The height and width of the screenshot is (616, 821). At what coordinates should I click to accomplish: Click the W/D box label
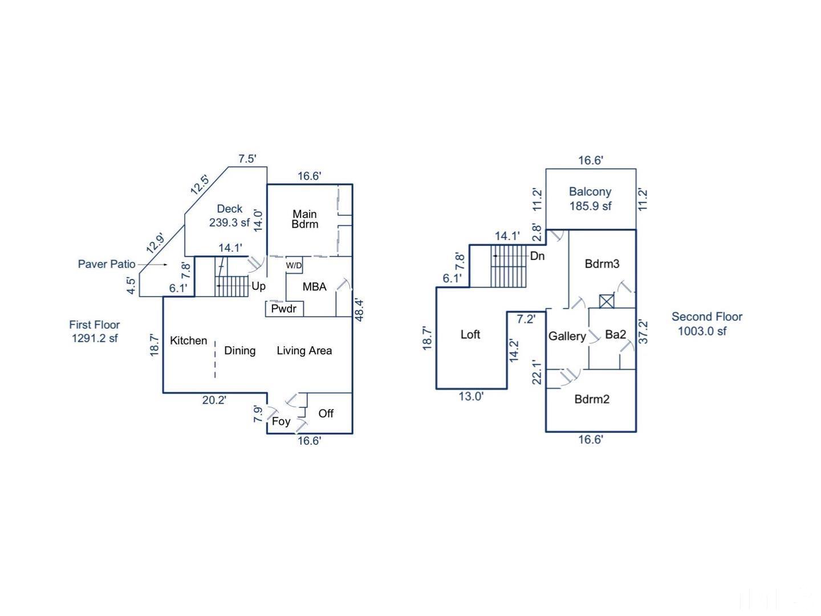point(294,266)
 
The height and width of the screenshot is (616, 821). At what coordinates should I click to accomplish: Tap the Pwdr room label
point(283,309)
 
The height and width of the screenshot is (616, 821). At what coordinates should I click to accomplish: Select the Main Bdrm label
point(305,219)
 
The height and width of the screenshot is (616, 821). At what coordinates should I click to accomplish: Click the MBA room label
point(314,287)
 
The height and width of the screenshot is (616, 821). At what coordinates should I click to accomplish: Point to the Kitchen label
point(189,341)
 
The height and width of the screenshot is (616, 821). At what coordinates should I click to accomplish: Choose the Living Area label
point(304,351)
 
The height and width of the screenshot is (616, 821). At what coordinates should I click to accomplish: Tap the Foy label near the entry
point(281,422)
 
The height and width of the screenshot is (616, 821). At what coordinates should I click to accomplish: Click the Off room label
point(326,414)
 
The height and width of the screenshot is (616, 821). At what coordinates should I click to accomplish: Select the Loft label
point(470,334)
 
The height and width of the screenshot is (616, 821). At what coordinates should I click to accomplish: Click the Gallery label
point(567,337)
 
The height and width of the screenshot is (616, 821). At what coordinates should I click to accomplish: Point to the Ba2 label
point(616,334)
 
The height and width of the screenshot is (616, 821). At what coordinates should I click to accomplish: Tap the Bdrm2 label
point(592,399)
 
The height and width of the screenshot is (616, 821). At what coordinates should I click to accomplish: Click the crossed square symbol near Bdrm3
point(607,301)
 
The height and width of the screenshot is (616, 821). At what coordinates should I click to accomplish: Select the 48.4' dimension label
point(359,310)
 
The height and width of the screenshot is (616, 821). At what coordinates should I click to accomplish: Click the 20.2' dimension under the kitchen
point(214,400)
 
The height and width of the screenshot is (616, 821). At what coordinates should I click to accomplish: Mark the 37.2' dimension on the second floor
point(643,331)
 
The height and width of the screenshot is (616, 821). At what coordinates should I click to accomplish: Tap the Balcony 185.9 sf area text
point(590,198)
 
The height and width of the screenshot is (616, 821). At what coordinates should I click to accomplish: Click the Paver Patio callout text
point(107,264)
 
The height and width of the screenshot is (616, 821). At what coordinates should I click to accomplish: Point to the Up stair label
point(258,287)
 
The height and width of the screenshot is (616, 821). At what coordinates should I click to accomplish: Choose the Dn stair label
point(538,256)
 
